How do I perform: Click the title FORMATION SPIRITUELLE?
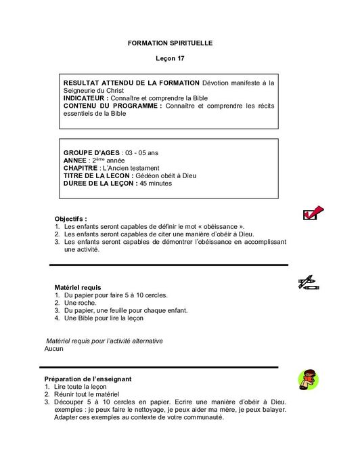(x=170, y=43)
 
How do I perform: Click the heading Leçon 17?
(x=170, y=59)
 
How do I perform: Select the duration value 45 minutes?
(x=156, y=183)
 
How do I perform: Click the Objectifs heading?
(x=70, y=219)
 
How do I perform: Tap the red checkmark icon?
(x=313, y=213)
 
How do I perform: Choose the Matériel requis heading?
(x=77, y=288)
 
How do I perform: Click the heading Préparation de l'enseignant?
(x=87, y=379)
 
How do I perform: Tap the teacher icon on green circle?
(x=308, y=380)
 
